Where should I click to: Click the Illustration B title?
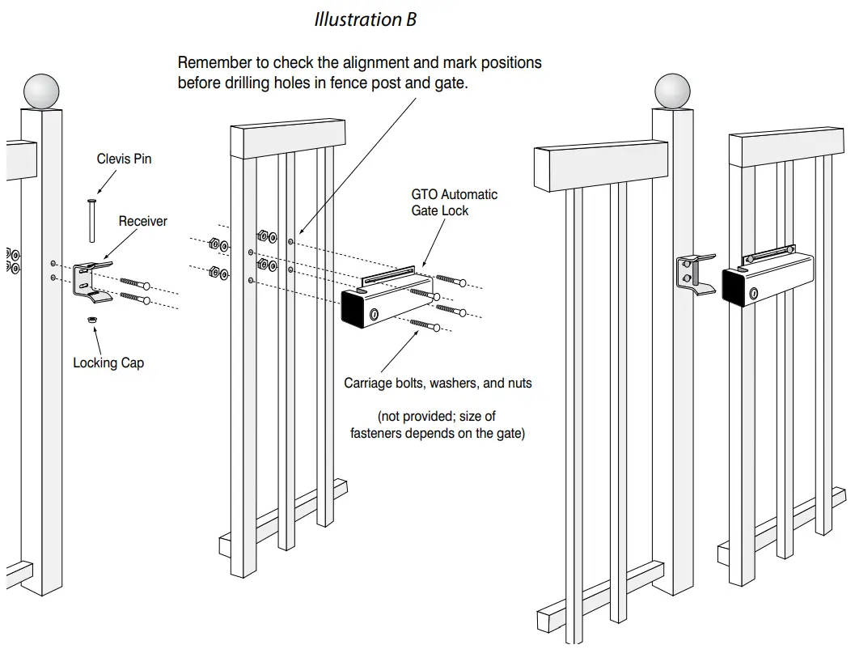coord(365,19)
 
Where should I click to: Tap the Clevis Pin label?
coord(124,159)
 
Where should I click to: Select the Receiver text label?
coord(142,221)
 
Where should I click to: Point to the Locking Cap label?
coord(108,363)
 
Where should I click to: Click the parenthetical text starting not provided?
coord(438,425)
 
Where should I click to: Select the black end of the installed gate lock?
coord(735,286)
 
